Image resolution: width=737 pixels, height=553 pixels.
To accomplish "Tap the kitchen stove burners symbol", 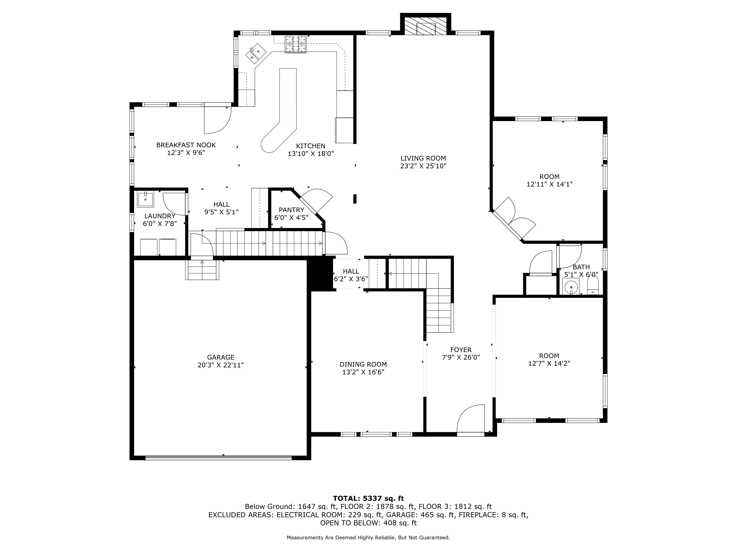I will pos(296,44).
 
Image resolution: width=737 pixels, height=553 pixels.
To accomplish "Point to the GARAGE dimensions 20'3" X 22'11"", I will pos(221,365).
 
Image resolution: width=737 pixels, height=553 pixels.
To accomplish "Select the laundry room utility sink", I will pos(146,199).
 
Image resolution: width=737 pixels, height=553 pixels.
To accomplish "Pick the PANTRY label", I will pos(291,210).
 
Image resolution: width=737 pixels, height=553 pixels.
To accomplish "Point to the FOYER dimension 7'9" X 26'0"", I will pos(461,358).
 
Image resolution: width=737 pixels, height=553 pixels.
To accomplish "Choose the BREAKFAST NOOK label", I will pos(186,145).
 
